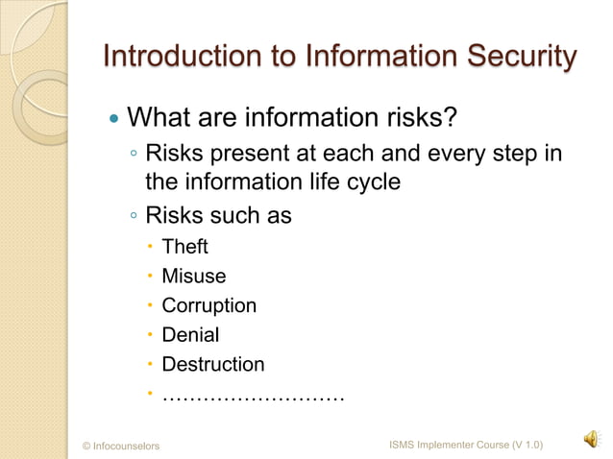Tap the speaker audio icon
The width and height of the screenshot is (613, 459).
click(x=588, y=439)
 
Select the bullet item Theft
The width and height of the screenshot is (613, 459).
click(x=184, y=248)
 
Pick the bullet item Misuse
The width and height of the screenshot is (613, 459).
click(x=193, y=277)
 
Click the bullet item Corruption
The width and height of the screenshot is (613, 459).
click(x=208, y=306)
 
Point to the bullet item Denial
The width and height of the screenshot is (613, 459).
click(x=190, y=336)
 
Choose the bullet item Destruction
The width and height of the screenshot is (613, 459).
click(x=212, y=365)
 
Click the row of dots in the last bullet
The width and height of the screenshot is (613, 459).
click(x=253, y=395)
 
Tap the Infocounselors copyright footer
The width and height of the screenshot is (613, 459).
click(x=121, y=446)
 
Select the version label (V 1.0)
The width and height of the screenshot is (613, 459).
click(x=527, y=445)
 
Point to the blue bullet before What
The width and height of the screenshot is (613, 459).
click(x=114, y=120)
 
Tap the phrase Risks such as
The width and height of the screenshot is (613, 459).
click(x=218, y=215)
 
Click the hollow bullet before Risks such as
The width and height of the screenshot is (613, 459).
click(x=135, y=217)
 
